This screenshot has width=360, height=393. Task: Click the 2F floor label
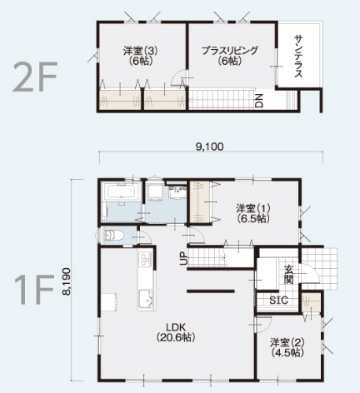click(x=35, y=77)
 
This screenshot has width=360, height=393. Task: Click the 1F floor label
click(x=34, y=289)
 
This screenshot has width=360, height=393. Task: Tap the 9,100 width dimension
click(x=209, y=147)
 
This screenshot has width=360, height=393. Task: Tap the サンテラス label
click(x=297, y=56)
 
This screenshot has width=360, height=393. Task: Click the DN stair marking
click(x=259, y=101)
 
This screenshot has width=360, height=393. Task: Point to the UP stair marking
click(x=183, y=258)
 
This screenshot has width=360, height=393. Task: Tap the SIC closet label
click(x=278, y=300)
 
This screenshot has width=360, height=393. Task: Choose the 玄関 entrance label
click(x=289, y=275)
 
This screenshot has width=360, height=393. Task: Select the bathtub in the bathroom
click(x=122, y=192)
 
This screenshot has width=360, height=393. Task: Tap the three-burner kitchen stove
click(x=144, y=260)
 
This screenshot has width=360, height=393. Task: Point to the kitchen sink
click(x=145, y=300)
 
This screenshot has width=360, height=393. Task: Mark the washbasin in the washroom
click(x=177, y=192)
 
